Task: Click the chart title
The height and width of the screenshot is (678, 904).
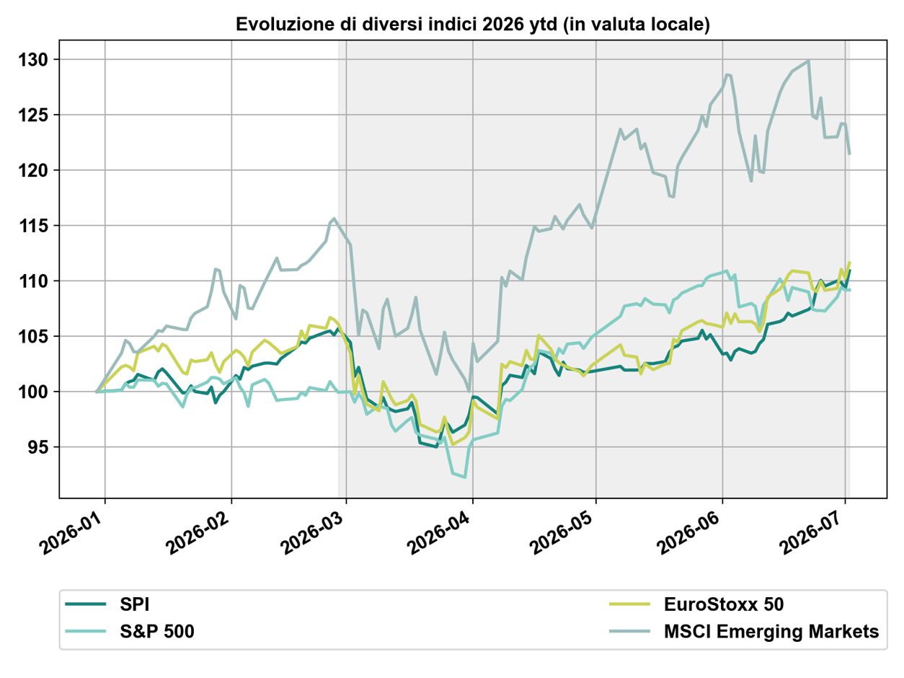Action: click(472, 25)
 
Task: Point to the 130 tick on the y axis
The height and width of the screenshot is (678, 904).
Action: click(33, 60)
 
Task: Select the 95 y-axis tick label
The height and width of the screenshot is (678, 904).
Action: click(38, 447)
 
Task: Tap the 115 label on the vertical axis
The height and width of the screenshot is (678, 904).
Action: click(33, 226)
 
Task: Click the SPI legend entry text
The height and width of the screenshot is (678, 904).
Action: click(134, 604)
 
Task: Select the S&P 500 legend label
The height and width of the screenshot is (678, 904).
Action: click(157, 631)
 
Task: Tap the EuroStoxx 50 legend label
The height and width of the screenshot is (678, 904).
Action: click(724, 604)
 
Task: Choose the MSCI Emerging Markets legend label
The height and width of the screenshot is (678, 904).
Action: click(771, 631)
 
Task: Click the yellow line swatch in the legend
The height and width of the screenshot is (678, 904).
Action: click(629, 604)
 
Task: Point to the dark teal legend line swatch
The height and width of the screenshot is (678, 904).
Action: click(86, 604)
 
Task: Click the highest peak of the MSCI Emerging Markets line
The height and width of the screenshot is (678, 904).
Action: click(808, 61)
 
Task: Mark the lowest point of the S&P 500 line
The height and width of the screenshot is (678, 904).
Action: click(465, 477)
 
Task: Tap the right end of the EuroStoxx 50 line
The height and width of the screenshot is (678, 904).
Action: click(850, 263)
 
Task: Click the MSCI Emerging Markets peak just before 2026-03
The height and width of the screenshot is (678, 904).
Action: click(334, 219)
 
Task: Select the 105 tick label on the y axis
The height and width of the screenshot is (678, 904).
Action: click(33, 337)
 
